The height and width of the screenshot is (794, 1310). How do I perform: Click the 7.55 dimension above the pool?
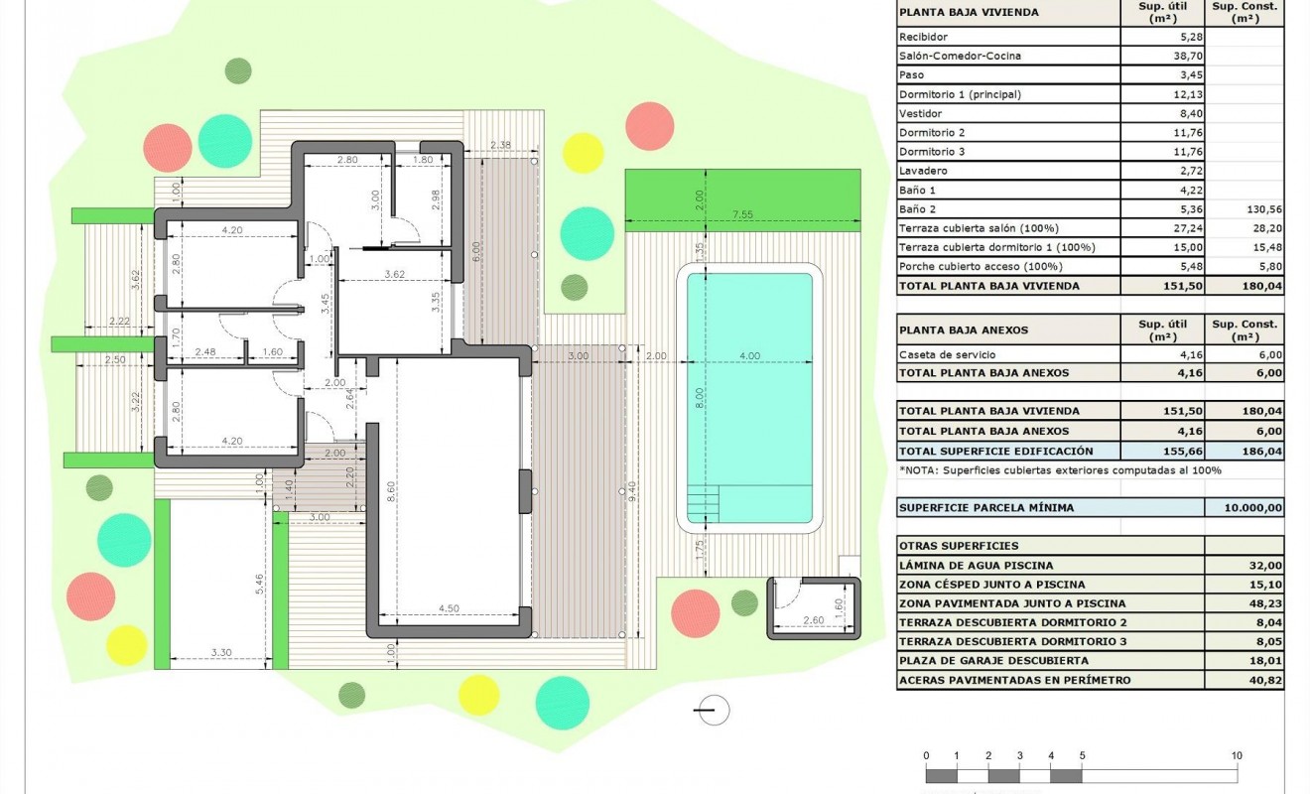click(x=742, y=213)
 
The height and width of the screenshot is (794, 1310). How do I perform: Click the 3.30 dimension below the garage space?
click(x=221, y=652)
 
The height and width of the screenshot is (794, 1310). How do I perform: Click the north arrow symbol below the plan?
click(x=714, y=710)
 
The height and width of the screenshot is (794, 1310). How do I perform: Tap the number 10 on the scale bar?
click(x=1236, y=756)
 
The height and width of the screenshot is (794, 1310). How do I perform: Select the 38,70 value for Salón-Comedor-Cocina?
click(x=1161, y=56)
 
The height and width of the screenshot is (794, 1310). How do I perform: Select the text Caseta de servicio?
click(x=947, y=354)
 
